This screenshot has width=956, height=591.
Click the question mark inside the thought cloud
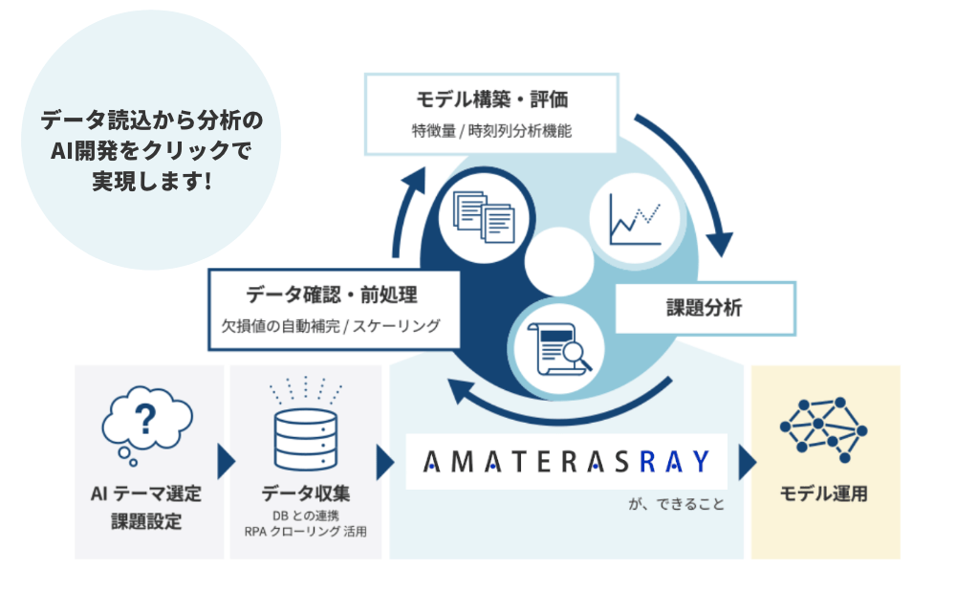point(145,419)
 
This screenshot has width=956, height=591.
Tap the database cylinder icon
point(306,439)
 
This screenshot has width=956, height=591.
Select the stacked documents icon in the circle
point(484,217)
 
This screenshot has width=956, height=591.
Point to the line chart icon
point(635,219)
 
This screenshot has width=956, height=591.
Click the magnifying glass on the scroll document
point(576,355)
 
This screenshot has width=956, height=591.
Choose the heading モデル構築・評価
point(491,98)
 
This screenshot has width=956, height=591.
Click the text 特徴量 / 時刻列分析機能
point(491,130)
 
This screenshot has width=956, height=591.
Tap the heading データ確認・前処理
point(332,295)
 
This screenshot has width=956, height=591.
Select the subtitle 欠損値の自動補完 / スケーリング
point(331,326)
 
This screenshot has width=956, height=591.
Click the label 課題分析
point(705,307)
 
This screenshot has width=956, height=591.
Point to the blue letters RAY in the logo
point(675,461)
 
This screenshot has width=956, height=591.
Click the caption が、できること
point(676,504)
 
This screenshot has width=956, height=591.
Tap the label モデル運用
point(824,493)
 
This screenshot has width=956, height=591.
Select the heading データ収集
point(306,492)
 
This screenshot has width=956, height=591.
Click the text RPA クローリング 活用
point(306,531)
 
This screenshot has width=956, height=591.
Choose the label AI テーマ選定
point(145,493)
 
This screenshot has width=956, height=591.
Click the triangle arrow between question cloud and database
point(227,462)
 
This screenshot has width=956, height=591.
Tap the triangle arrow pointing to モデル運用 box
point(748,462)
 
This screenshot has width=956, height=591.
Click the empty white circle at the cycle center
point(559,262)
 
